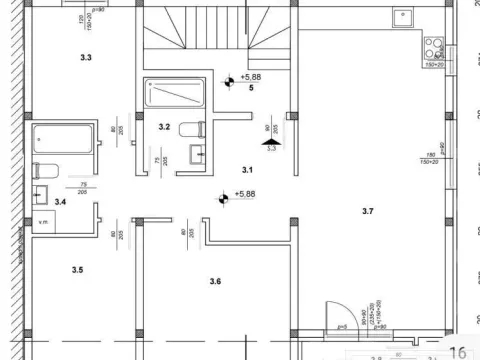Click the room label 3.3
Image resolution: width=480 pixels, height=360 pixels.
pos(86,57)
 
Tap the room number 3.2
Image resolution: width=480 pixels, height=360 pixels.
pos(165,127)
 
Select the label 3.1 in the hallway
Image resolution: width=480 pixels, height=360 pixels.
pos(247,171)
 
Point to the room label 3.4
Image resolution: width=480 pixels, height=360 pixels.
pos(60,203)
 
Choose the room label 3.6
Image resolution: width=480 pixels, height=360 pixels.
pos(215,281)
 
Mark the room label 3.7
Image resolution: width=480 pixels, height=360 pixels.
pos(367,212)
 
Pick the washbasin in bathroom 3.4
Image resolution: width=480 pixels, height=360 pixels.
pos(43,195)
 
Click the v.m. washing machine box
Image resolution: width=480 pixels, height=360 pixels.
pos(46,222)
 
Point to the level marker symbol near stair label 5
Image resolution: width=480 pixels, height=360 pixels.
pos(230,80)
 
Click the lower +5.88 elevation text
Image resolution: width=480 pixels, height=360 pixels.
pos(246,195)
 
